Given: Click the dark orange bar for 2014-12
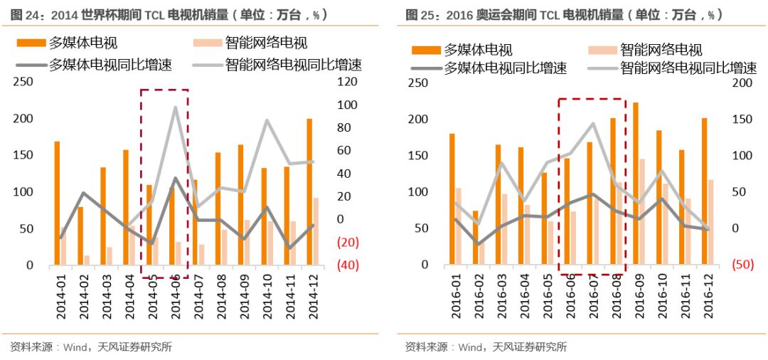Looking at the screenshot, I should (309, 192).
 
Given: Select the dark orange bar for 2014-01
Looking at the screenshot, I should (57, 203).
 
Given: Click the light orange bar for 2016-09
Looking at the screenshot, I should (642, 211).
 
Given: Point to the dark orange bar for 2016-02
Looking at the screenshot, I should (475, 238).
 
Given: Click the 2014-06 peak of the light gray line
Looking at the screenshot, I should (175, 107).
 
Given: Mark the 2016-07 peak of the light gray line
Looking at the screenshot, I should (592, 123).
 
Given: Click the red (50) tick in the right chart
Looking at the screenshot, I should (744, 265).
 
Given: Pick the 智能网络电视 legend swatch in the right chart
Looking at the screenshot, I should (602, 50).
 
